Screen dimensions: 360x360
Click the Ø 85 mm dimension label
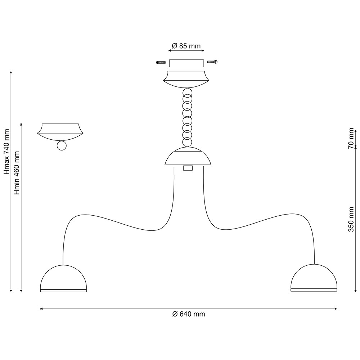click(x=186, y=46)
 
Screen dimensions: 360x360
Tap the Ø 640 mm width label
click(x=189, y=314)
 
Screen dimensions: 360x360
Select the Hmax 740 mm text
click(x=6, y=152)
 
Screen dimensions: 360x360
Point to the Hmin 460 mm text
click(x=17, y=173)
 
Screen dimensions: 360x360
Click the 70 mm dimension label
click(x=351, y=138)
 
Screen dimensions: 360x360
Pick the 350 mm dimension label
click(x=351, y=219)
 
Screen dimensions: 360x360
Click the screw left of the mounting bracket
click(x=161, y=62)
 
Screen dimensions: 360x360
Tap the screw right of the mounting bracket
click(x=212, y=62)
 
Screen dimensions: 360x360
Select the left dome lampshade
click(x=63, y=278)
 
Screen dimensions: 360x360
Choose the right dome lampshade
click(x=314, y=278)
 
